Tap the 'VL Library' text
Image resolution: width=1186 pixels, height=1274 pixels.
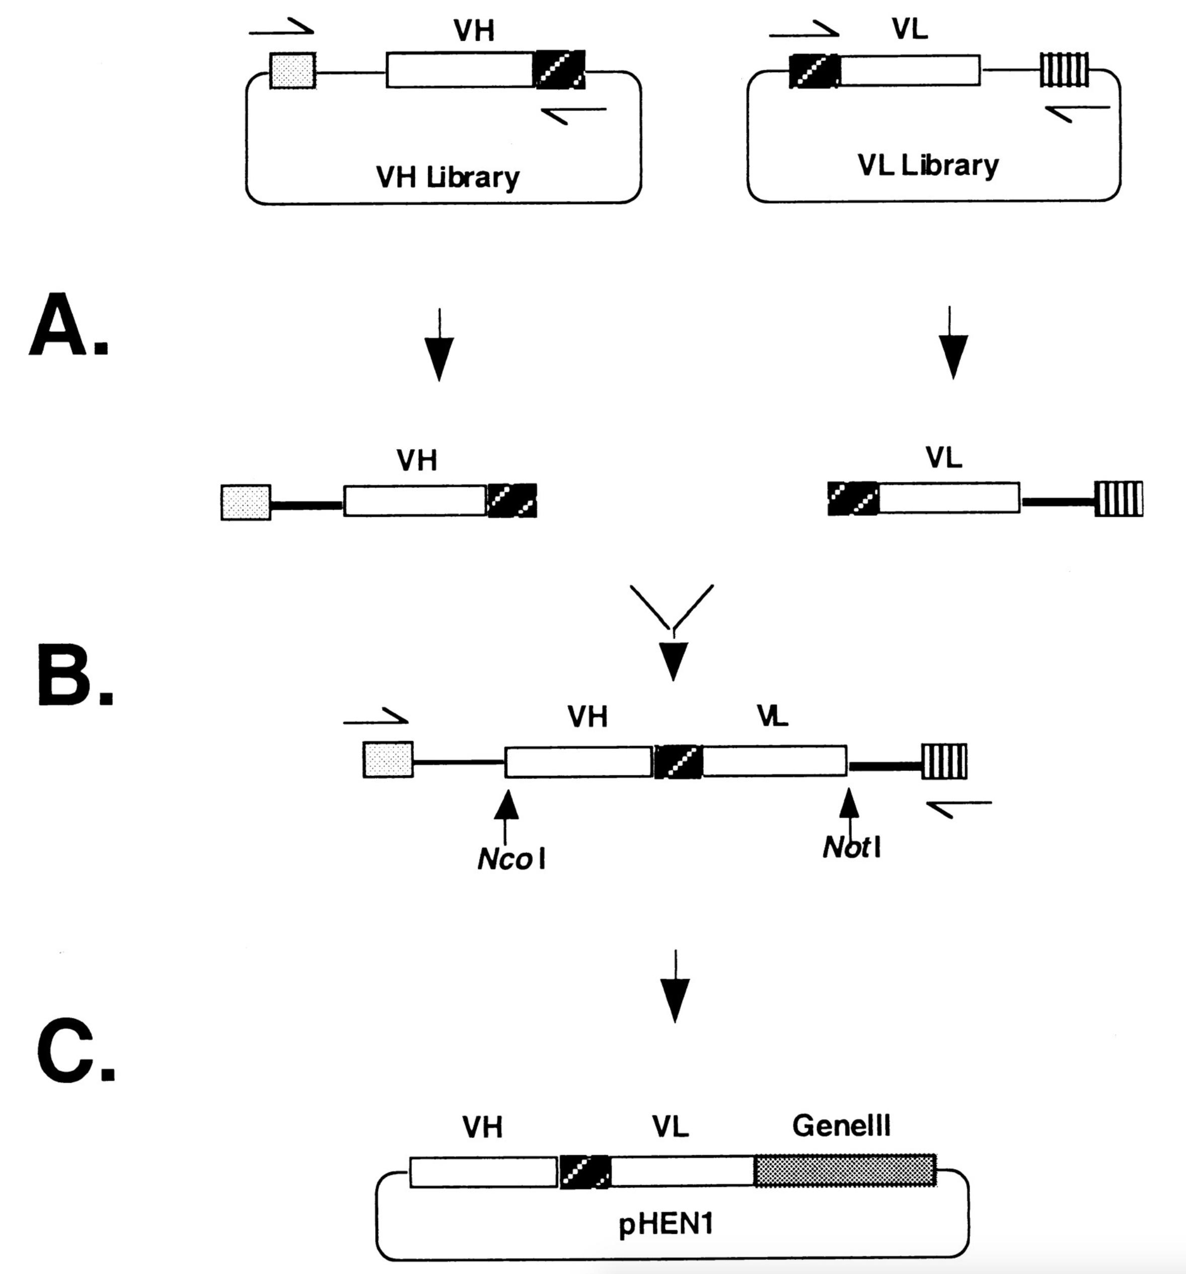(928, 165)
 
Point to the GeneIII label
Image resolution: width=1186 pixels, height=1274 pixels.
(841, 1125)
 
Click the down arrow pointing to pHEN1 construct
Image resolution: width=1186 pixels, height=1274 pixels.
(675, 987)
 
